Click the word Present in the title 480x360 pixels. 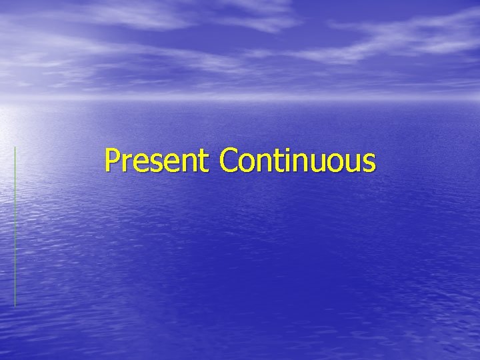click(x=157, y=161)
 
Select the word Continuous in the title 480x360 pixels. click(x=297, y=161)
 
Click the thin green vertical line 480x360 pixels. click(x=15, y=227)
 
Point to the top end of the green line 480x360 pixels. click(x=15, y=147)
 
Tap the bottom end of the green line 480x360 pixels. click(x=15, y=305)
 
